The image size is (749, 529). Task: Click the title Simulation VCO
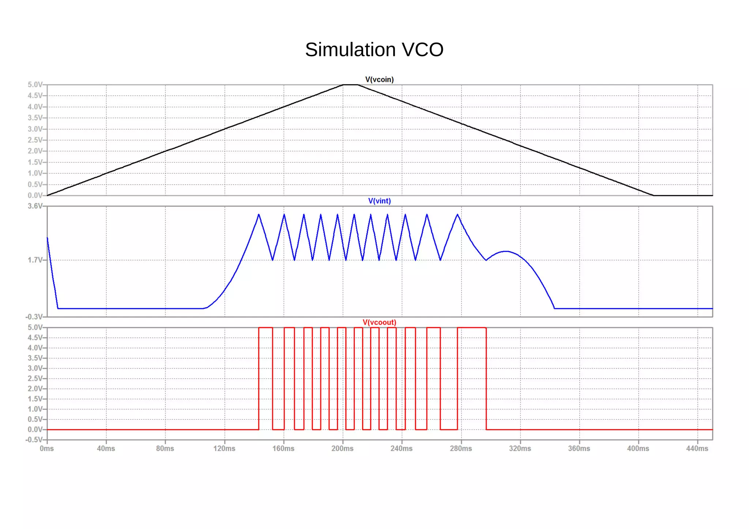(x=374, y=50)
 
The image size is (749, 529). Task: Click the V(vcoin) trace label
(x=379, y=80)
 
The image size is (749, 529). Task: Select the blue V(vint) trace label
(x=379, y=201)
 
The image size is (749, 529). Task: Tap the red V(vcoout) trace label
(x=379, y=322)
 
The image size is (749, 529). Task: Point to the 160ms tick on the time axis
(x=283, y=449)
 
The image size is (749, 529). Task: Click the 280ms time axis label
(x=461, y=449)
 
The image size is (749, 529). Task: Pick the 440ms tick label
(x=697, y=449)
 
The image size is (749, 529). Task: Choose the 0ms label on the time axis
(x=47, y=449)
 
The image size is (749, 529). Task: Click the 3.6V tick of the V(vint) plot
(x=35, y=206)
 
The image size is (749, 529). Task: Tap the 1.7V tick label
(x=35, y=260)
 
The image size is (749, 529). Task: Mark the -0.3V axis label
(x=34, y=317)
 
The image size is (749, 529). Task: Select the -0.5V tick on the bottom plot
(x=34, y=440)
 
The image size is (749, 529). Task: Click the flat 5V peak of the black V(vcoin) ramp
(x=350, y=85)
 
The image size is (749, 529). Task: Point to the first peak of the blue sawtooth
(x=259, y=215)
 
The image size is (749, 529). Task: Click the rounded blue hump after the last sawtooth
(x=506, y=252)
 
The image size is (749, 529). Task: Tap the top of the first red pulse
(x=266, y=328)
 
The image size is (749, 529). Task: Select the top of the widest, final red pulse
(x=472, y=328)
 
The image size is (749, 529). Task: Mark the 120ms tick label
(x=224, y=449)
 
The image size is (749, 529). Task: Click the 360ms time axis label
(x=579, y=449)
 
